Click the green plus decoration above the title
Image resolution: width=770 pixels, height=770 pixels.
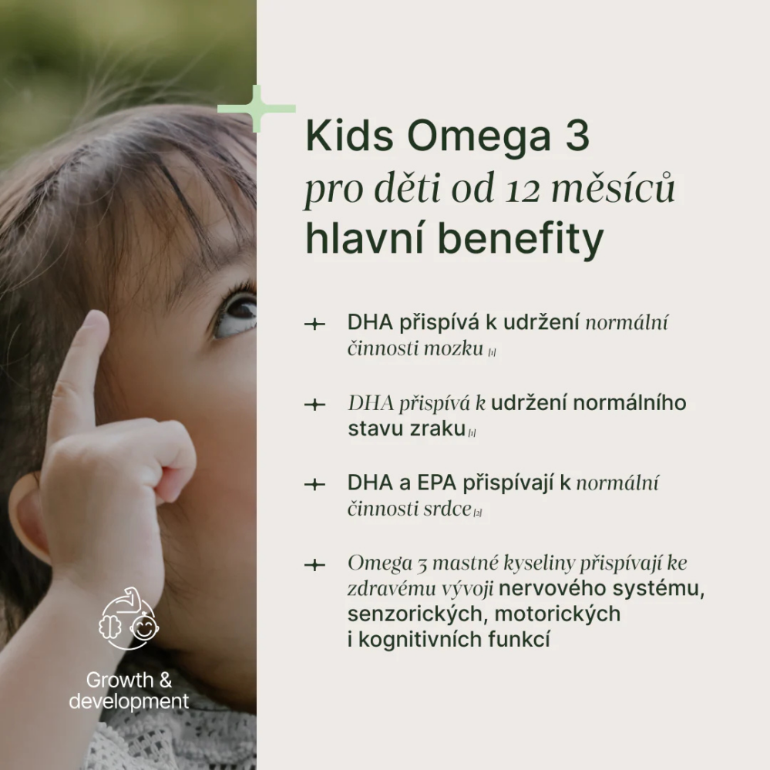point(257,109)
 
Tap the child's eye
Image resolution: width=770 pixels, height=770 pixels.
point(237,312)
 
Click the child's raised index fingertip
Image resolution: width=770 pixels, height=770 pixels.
point(95,324)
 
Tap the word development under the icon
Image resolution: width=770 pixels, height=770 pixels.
point(129,701)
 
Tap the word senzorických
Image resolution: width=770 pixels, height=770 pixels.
point(416,614)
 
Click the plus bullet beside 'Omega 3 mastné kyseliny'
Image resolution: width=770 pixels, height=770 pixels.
point(314,565)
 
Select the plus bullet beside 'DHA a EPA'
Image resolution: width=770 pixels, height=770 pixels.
point(314,484)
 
